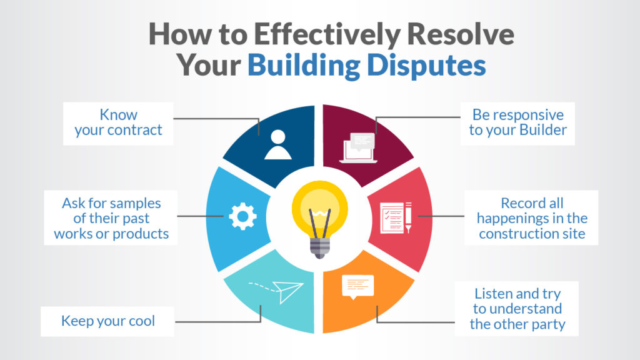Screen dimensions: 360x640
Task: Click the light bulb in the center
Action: pos(319,212)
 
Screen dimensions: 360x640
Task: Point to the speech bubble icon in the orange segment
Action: pos(357,286)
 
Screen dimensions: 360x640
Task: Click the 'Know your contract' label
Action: pos(118,123)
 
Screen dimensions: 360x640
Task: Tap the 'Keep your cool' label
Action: pos(107,321)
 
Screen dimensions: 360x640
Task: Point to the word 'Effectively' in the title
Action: pos(315,35)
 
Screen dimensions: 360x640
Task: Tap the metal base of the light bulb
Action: pos(319,246)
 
